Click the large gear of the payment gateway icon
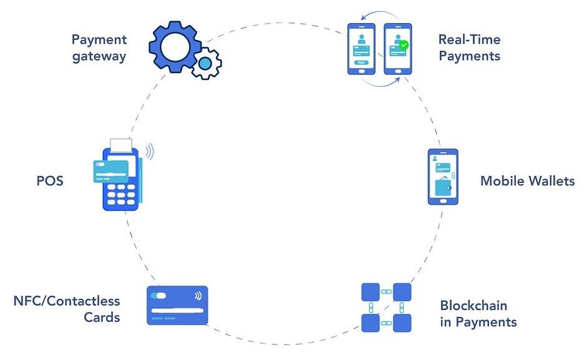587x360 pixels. [173, 45]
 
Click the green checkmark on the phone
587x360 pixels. [404, 45]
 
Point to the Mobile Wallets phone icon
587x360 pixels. [442, 177]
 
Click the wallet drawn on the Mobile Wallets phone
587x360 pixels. [444, 187]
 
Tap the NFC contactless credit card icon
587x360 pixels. [177, 305]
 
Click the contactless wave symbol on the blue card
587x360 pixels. [198, 296]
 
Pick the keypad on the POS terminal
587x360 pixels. [120, 195]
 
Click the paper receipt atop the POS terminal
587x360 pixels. [122, 145]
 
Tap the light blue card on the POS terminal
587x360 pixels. [111, 171]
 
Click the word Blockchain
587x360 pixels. [473, 306]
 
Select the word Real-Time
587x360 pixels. [469, 39]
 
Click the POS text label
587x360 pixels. [50, 182]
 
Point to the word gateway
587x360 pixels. [99, 56]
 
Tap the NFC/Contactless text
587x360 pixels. [67, 301]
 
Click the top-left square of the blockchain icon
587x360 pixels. [371, 292]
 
